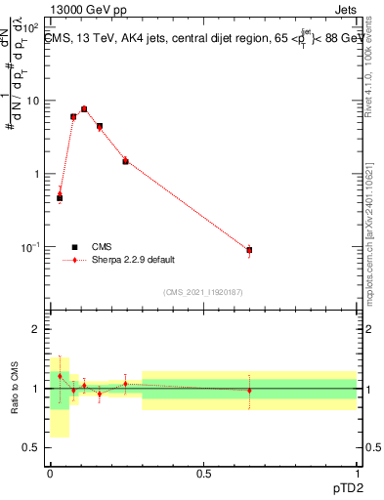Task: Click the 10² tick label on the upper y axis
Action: tap(32, 27)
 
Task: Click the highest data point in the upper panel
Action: tap(84, 109)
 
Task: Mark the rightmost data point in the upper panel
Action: tap(249, 250)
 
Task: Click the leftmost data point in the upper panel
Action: tap(60, 196)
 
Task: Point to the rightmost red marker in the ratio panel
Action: tap(249, 391)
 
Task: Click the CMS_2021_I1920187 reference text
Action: tap(203, 291)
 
